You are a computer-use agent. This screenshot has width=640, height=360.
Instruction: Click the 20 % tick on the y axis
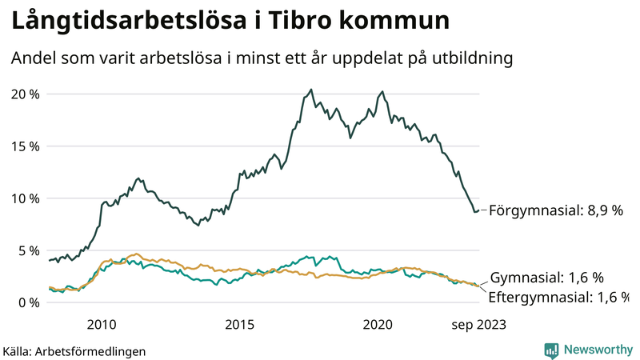(x=24, y=94)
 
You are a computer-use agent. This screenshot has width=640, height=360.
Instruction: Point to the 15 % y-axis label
(x=24, y=146)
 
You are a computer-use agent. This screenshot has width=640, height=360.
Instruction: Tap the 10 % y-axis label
(x=24, y=198)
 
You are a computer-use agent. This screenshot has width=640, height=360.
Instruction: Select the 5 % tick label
(x=28, y=250)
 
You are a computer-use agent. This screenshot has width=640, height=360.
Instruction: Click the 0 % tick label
(x=28, y=302)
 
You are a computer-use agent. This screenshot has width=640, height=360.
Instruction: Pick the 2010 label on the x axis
(x=102, y=324)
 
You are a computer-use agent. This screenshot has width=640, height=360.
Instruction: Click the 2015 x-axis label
(x=239, y=324)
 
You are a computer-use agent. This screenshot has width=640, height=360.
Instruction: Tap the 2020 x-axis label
(x=378, y=324)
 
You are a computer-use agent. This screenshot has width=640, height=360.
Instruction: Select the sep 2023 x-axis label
(x=479, y=324)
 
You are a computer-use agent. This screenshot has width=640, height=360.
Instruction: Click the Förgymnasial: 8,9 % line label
(x=555, y=210)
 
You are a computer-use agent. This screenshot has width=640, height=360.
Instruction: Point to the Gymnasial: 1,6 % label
(x=546, y=278)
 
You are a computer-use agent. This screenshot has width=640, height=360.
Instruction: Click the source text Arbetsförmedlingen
(x=91, y=350)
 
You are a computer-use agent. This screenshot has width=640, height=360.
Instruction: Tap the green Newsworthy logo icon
(x=551, y=350)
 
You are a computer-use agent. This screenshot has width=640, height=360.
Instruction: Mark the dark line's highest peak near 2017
(x=311, y=90)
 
